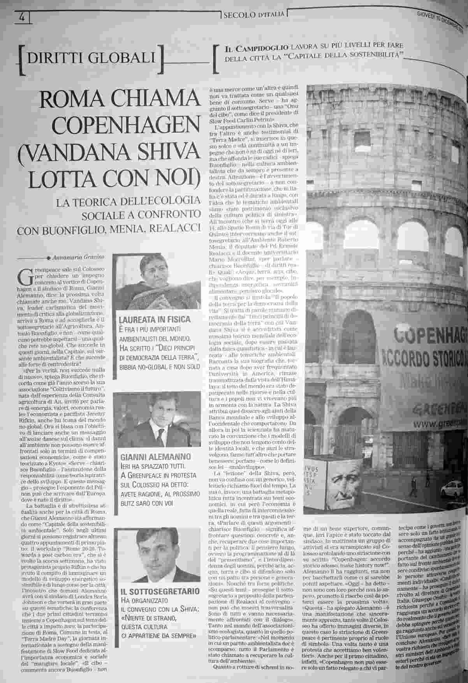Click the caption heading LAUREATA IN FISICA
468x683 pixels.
tap(155, 320)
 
